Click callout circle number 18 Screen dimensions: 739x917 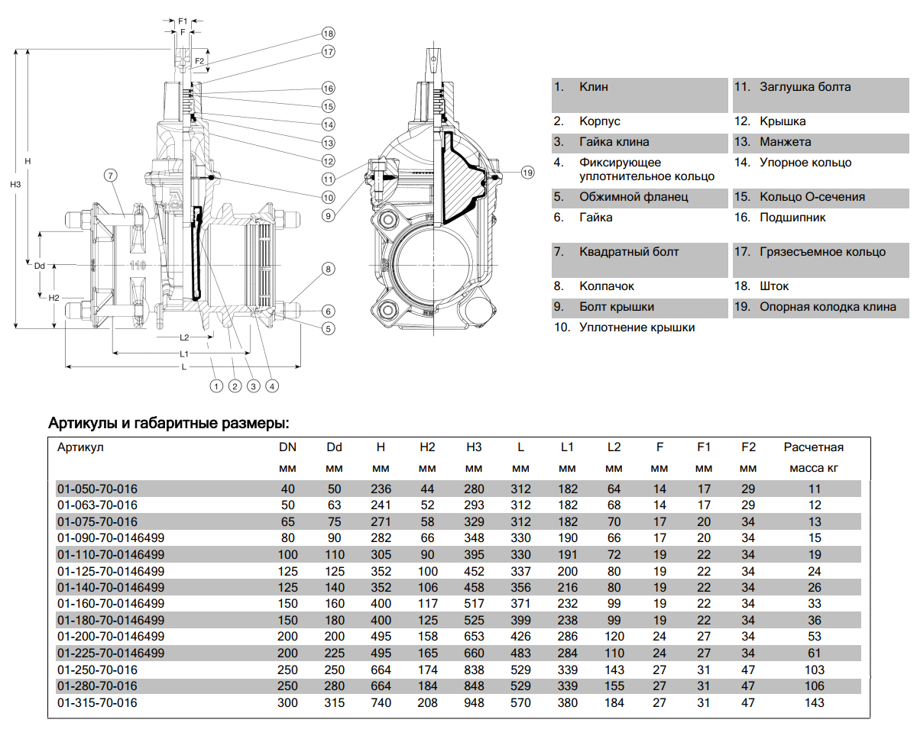coord(328,34)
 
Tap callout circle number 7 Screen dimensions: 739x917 coord(111,176)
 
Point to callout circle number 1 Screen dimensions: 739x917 coord(217,386)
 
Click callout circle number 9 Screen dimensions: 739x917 coord(328,215)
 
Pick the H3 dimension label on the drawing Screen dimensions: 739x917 coord(15,185)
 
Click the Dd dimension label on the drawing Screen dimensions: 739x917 coord(41,266)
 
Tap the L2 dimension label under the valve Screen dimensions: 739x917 coord(184,337)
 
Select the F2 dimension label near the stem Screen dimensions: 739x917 coord(199,60)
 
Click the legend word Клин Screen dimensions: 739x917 coord(594,87)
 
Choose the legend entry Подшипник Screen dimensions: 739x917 coord(792,218)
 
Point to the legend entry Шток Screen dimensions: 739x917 coord(774,286)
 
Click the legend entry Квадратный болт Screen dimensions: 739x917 coord(629,252)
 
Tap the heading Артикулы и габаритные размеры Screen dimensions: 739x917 coord(169,423)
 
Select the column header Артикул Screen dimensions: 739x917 coord(80,447)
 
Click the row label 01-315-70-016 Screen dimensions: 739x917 coord(97,702)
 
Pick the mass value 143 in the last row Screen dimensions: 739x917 coord(815,702)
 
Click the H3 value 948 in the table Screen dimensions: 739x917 coord(474,702)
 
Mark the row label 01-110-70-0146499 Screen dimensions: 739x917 coord(111,554)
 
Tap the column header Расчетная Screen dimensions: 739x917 coord(814,447)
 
